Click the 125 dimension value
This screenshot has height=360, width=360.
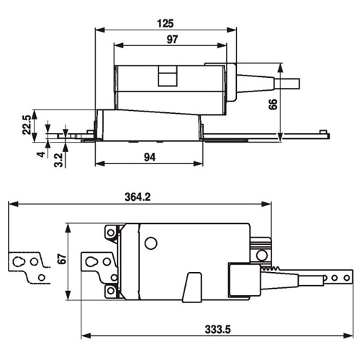[x=166, y=24]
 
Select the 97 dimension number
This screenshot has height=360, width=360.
[x=172, y=40]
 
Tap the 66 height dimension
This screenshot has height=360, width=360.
[x=273, y=104]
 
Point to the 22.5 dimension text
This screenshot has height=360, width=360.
[x=27, y=125]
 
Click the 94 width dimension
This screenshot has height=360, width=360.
[x=150, y=157]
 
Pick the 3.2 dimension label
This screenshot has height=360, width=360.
[x=58, y=160]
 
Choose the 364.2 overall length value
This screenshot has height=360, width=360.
[x=138, y=197]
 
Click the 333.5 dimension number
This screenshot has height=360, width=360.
[x=217, y=330]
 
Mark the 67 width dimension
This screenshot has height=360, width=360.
[x=62, y=258]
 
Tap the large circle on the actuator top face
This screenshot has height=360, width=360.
[x=150, y=243]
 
